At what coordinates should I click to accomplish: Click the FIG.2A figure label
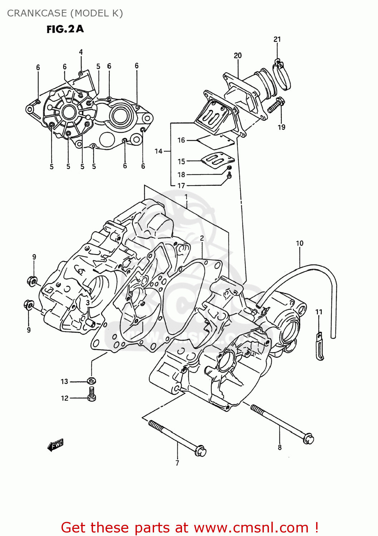point(65,29)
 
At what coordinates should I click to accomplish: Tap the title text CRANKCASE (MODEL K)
point(65,13)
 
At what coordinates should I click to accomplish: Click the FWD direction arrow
point(55,445)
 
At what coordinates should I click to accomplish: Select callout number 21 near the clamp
point(277,39)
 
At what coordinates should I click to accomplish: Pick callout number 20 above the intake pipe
point(238,55)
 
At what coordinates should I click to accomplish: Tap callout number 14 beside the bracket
point(158,151)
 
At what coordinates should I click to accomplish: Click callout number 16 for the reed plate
point(181,140)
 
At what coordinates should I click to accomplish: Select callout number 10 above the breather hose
point(300,243)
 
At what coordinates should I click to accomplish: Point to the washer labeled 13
point(92,381)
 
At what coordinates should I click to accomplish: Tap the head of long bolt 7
point(200,451)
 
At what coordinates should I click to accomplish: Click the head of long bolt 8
point(308,438)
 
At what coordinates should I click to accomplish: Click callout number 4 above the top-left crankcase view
point(81,52)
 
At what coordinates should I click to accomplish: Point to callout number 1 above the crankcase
point(186,197)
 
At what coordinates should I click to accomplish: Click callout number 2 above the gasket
point(202,238)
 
